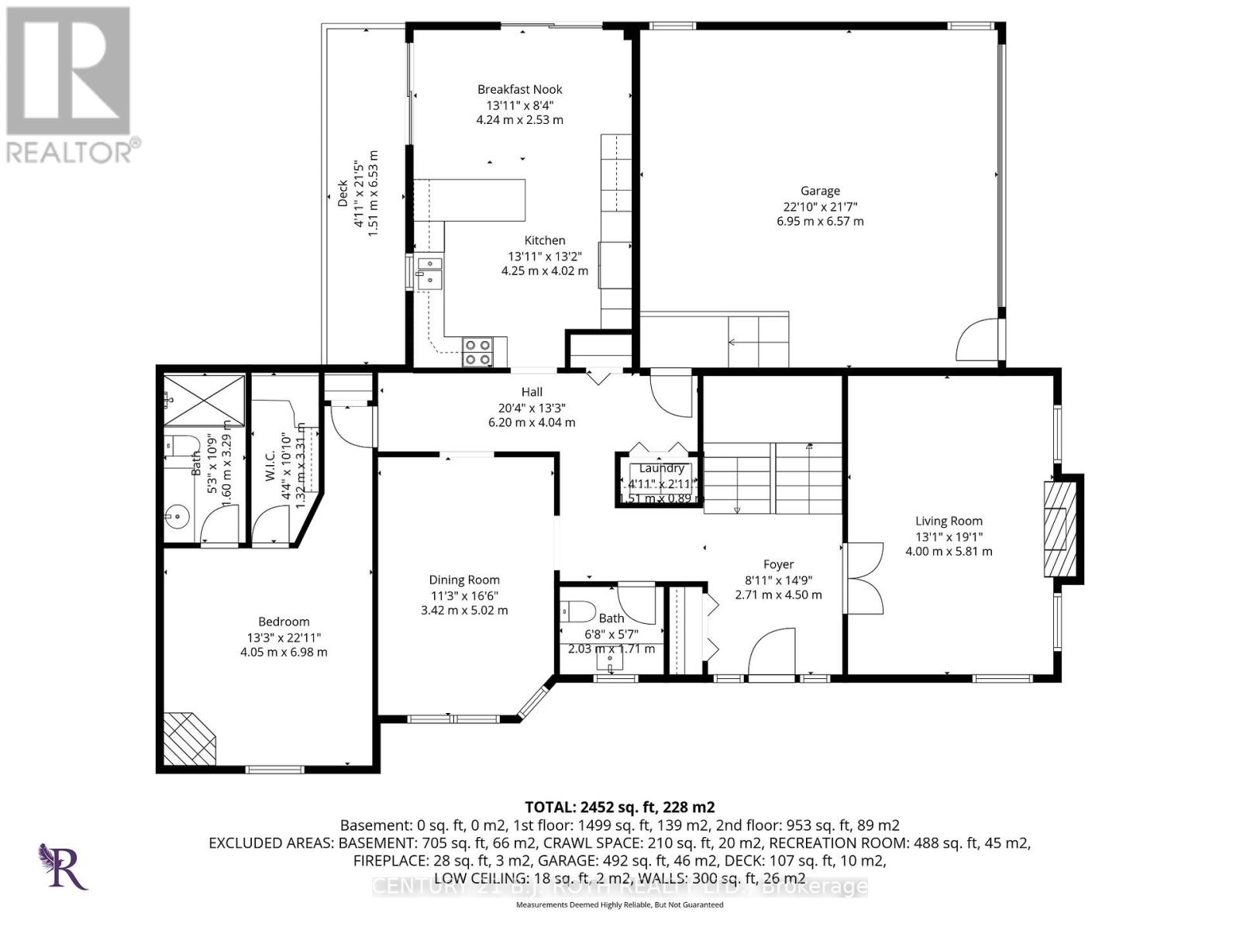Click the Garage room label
[x=820, y=191]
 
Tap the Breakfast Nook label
[x=519, y=90]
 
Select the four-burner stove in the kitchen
[x=477, y=353]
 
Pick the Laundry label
[x=661, y=468]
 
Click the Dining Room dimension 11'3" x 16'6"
[x=464, y=595]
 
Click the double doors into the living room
[x=862, y=577]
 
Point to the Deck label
[x=343, y=194]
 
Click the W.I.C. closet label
[x=270, y=467]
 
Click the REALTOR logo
[x=70, y=85]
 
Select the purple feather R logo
[x=62, y=866]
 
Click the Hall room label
[x=532, y=392]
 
